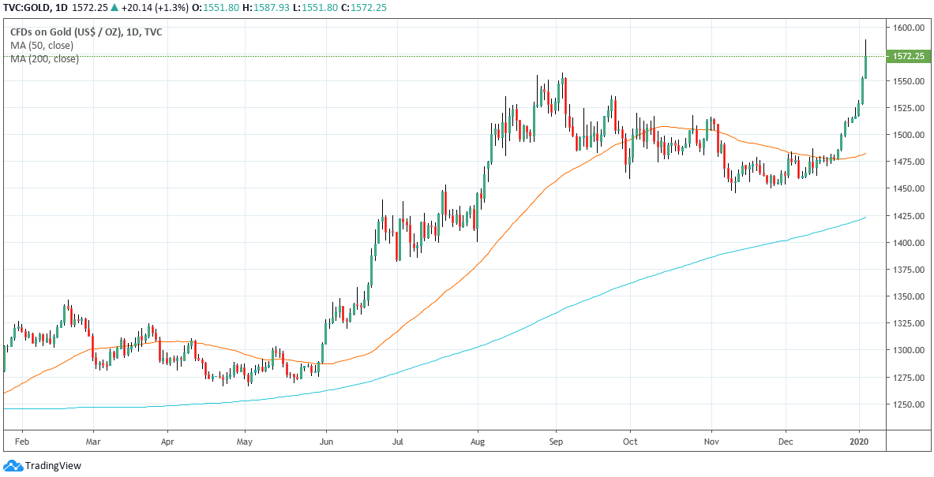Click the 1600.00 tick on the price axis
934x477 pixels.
[908, 28]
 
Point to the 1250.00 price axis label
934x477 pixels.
[908, 404]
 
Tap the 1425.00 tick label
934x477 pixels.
[908, 216]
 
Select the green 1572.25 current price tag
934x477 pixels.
[909, 56]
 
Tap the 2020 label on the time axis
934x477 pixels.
[860, 442]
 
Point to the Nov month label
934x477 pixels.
[712, 442]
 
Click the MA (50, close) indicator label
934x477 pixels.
[42, 46]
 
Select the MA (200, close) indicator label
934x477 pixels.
[44, 58]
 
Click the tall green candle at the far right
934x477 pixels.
[866, 67]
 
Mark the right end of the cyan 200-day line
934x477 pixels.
[866, 217]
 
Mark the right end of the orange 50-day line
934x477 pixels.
[866, 154]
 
